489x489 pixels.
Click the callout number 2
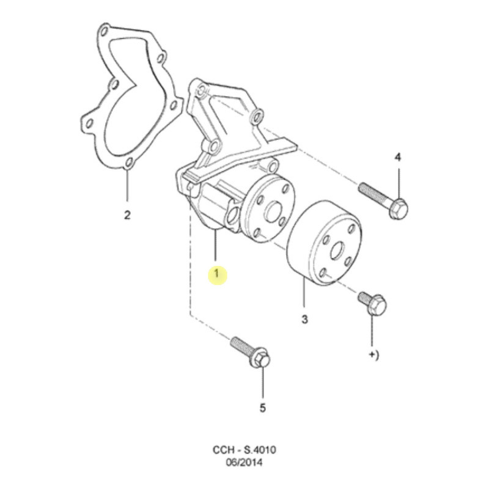click(x=127, y=215)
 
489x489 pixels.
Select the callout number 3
click(x=304, y=319)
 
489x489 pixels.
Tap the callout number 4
click(x=398, y=158)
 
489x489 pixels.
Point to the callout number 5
click(x=263, y=408)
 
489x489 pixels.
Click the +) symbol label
click(x=374, y=355)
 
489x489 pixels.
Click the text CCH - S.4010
click(x=244, y=450)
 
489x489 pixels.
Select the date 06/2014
click(x=244, y=463)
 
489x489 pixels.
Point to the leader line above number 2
click(x=127, y=186)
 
